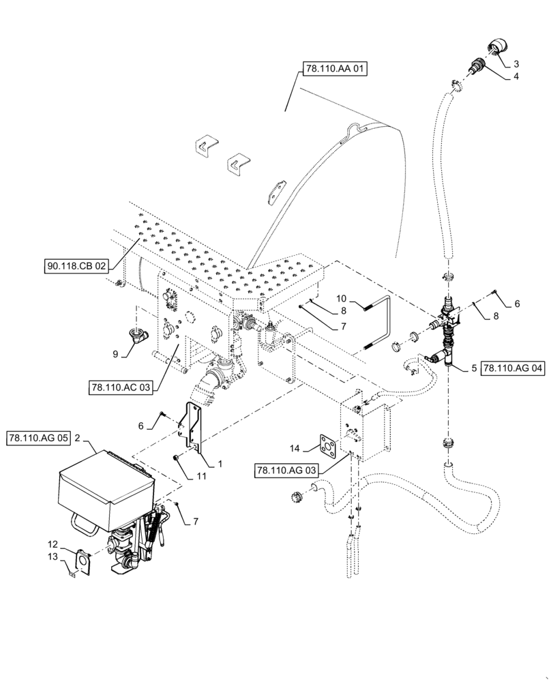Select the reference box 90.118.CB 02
[x=77, y=267]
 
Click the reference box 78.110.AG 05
[x=39, y=438]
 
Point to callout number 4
[x=516, y=76]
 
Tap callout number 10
[x=342, y=298]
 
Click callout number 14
[x=294, y=448]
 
